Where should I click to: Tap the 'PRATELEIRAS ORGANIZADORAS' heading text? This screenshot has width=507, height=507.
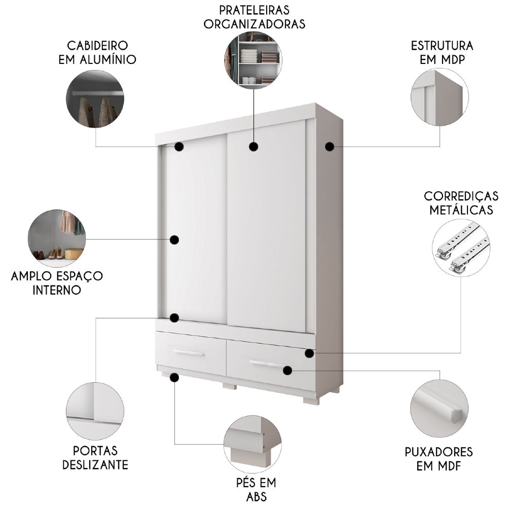[255, 17]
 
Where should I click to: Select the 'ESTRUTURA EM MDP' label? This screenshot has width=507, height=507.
[442, 53]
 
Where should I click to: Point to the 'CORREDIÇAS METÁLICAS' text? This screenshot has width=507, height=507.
[461, 203]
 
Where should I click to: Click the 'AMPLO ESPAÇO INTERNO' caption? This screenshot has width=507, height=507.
[57, 283]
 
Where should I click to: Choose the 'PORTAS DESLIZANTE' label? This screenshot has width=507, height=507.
[95, 458]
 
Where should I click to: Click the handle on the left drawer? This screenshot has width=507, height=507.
[188, 353]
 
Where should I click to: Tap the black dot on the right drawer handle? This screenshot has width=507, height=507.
[287, 371]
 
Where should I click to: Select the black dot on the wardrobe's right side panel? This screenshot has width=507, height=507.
[330, 147]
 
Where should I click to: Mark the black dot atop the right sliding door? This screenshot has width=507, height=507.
[253, 147]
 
